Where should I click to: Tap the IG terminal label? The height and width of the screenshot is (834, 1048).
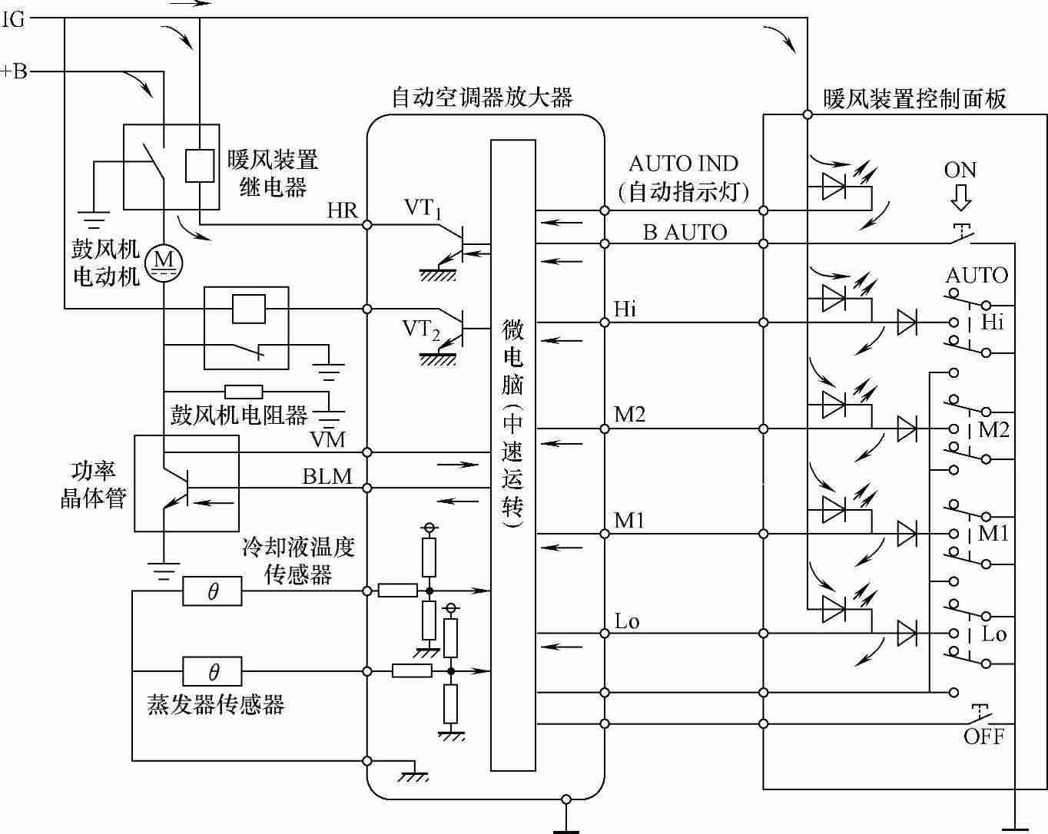tap(14, 19)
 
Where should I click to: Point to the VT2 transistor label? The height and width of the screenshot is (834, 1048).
tap(421, 329)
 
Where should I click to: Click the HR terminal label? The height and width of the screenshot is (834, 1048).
tap(342, 210)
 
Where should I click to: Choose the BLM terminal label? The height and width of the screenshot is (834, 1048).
tap(327, 477)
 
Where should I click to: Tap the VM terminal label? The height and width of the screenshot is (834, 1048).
tap(328, 439)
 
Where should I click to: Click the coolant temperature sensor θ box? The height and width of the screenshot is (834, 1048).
tap(212, 591)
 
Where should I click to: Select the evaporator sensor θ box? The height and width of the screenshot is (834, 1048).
tap(212, 672)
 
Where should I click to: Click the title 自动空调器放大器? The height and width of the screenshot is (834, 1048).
tap(483, 98)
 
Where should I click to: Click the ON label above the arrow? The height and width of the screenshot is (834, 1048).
tap(960, 170)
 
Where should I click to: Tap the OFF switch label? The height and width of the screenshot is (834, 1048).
tap(984, 736)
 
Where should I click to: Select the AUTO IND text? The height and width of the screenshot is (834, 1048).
tap(683, 164)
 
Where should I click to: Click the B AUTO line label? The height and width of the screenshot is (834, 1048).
tap(685, 232)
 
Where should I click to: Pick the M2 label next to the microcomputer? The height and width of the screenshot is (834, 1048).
tap(629, 415)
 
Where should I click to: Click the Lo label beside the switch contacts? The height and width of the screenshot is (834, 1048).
tap(994, 634)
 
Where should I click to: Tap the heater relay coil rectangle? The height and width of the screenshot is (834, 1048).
tap(200, 165)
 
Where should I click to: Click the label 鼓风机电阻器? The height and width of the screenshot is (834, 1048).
tap(239, 415)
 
